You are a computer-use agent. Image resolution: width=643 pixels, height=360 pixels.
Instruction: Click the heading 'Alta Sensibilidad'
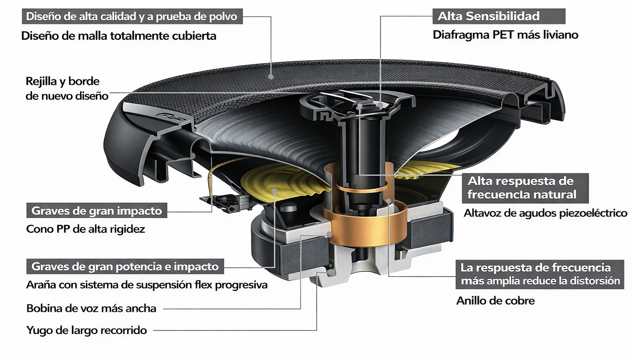pos(488,16)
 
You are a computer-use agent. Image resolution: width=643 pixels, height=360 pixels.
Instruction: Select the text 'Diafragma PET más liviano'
pos(505,35)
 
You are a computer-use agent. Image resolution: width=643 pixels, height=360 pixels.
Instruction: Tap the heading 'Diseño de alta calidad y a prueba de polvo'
pos(131,16)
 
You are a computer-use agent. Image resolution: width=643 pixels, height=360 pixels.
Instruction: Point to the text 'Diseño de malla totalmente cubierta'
pos(118,36)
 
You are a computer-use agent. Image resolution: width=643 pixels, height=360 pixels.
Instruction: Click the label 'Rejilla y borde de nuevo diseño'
pos(67,88)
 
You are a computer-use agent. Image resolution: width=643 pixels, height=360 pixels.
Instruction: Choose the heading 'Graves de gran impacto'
pos(96,211)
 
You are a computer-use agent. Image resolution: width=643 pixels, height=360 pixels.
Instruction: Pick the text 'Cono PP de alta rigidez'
pos(85,229)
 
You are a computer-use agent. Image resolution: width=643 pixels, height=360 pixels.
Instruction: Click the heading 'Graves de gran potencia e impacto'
pos(125,267)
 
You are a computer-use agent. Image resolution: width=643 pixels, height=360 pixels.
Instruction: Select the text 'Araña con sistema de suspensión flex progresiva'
pos(147,285)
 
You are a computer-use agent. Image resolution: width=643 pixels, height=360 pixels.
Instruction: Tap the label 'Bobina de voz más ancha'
pos(91,309)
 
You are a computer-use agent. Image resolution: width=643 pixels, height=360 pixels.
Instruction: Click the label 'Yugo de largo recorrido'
pos(86,330)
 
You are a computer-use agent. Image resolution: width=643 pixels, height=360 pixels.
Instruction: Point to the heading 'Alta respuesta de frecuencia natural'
pos(522,188)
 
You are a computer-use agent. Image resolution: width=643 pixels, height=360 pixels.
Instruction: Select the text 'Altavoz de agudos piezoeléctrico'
pos(545,213)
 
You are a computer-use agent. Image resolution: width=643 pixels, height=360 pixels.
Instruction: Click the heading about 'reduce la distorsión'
pos(540,274)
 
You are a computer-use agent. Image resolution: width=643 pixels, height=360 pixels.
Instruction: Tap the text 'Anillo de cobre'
pos(495,301)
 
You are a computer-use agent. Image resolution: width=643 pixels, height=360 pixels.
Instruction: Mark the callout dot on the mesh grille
pos(271,77)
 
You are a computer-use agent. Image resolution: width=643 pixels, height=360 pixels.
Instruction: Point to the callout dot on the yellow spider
pos(274,191)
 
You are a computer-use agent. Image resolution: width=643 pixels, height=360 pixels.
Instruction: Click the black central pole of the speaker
pos(360,151)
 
